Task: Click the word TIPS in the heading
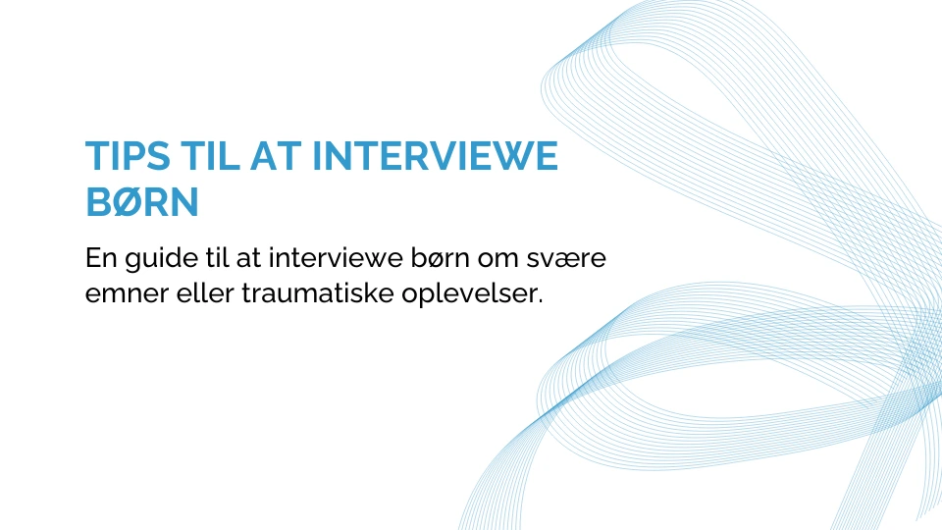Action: tap(128, 156)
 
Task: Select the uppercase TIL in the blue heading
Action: tap(210, 156)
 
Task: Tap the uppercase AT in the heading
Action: tap(276, 156)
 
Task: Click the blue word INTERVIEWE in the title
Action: tap(435, 156)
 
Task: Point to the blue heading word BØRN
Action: tap(142, 202)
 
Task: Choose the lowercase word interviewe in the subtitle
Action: tap(336, 257)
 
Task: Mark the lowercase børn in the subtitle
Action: tap(441, 257)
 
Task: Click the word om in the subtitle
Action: tap(498, 259)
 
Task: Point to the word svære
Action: tap(566, 259)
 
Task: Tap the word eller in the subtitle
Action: tap(205, 292)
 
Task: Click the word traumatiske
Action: tap(318, 292)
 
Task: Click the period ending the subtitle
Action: tap(540, 301)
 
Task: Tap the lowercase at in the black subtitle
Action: tap(248, 258)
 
